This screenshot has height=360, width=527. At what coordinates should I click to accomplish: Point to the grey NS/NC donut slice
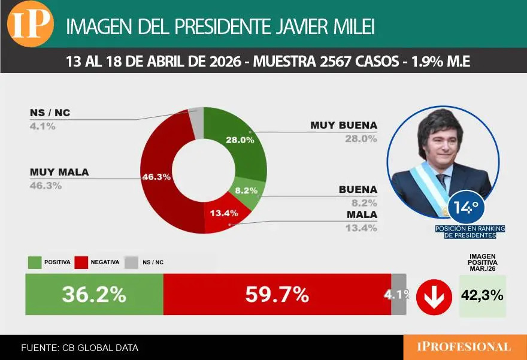pyautogui.click(x=196, y=115)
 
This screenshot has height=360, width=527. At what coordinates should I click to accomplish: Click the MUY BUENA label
pyautogui.click(x=343, y=125)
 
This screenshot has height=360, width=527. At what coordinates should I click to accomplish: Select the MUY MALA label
pyautogui.click(x=59, y=172)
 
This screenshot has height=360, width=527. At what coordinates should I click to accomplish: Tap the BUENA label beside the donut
pyautogui.click(x=358, y=189)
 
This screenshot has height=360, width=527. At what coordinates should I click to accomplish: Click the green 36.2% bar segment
pyautogui.click(x=94, y=294)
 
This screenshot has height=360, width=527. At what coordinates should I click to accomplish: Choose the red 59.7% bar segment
pyautogui.click(x=277, y=294)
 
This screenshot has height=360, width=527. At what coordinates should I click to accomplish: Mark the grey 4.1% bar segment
pyautogui.click(x=399, y=294)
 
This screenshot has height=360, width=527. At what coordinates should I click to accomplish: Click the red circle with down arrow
pyautogui.click(x=433, y=296)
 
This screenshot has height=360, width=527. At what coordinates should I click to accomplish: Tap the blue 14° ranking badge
pyautogui.click(x=465, y=208)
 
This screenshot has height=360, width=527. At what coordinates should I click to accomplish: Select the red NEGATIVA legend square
pyautogui.click(x=81, y=262)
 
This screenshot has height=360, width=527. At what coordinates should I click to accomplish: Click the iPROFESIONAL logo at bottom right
pyautogui.click(x=465, y=347)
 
